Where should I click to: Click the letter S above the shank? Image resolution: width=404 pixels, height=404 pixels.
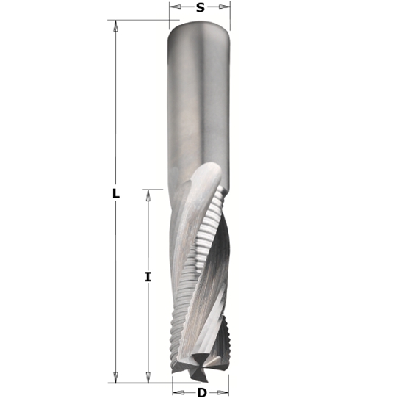point(200,8)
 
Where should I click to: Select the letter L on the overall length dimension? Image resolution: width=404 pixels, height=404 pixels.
point(115,194)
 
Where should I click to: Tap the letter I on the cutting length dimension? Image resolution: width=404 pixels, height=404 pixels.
point(148,277)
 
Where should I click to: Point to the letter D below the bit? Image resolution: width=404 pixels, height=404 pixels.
point(201,392)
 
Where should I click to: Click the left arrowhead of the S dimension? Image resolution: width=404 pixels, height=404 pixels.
point(173,8)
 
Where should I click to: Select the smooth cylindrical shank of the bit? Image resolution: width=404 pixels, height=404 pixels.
point(199,103)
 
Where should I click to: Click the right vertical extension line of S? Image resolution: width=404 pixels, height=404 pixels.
point(230,15)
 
